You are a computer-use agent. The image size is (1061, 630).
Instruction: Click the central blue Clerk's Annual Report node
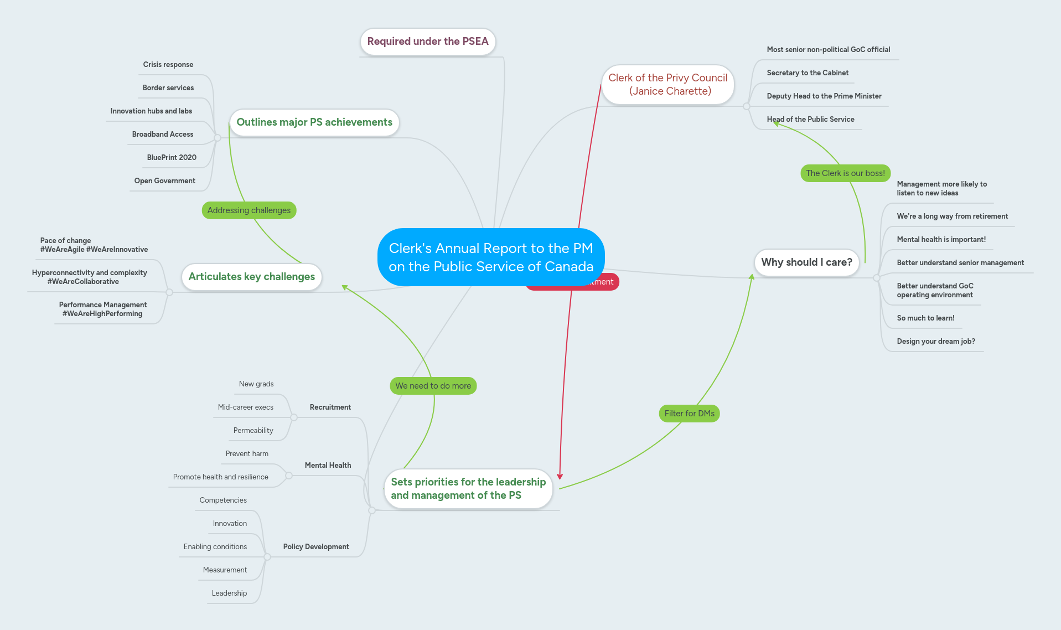(490, 257)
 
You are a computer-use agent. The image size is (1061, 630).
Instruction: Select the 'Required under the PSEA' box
(427, 42)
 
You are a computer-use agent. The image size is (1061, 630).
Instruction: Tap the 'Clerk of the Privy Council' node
(667, 85)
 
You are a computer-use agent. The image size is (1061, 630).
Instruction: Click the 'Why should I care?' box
(806, 262)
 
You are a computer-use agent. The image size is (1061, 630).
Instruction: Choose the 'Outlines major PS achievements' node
(314, 122)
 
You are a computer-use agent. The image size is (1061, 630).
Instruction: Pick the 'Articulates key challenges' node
(251, 277)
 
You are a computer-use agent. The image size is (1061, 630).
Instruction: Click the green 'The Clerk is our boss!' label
(845, 173)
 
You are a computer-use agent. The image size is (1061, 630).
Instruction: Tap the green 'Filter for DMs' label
(689, 414)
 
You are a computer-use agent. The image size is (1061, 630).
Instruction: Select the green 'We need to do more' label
(433, 386)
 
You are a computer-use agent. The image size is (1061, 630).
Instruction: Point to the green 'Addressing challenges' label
(249, 210)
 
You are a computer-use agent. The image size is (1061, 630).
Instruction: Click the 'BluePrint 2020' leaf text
(172, 158)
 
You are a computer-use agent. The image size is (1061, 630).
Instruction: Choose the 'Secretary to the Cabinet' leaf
(807, 73)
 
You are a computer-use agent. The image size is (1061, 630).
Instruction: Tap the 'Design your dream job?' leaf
(935, 342)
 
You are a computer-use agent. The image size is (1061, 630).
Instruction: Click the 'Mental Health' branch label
(328, 466)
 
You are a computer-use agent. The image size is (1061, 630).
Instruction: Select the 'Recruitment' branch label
(330, 407)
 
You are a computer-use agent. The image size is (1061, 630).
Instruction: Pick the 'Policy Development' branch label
(315, 547)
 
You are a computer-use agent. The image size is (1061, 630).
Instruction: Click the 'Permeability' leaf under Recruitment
(253, 431)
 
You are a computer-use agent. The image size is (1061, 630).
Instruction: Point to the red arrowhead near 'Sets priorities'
(560, 476)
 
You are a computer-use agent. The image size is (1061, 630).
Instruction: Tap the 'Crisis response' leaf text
(168, 65)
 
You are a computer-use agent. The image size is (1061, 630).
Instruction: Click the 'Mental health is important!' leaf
(941, 240)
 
